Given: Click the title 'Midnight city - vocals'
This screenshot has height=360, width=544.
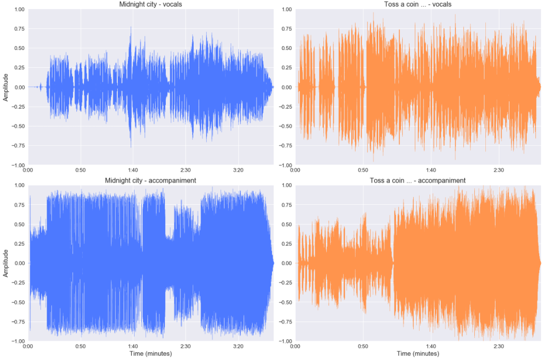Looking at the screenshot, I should (150, 4).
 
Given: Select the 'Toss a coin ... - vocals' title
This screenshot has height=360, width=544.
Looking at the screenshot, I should (418, 4).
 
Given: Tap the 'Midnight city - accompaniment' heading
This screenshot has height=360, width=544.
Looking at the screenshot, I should (150, 180).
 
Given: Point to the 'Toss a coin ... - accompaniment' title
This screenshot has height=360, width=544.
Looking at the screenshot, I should (418, 180).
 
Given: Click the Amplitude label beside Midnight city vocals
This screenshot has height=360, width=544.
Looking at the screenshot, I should (6, 87).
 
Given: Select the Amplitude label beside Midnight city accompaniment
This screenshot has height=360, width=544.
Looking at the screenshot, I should (6, 263).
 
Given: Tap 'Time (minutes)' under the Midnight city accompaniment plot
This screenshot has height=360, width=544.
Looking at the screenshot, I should (150, 354).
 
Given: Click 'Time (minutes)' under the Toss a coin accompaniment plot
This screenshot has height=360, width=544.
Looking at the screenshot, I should (418, 354).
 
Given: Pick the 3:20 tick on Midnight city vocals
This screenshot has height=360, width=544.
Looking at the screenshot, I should (238, 170).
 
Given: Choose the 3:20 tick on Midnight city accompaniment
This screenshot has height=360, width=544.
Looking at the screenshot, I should (238, 346).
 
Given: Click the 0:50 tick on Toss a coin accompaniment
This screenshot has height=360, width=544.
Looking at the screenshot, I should (363, 346).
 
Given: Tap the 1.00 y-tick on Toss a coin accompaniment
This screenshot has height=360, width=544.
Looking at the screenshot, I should (286, 185).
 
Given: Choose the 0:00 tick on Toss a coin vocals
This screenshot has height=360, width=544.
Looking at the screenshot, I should (295, 170).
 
